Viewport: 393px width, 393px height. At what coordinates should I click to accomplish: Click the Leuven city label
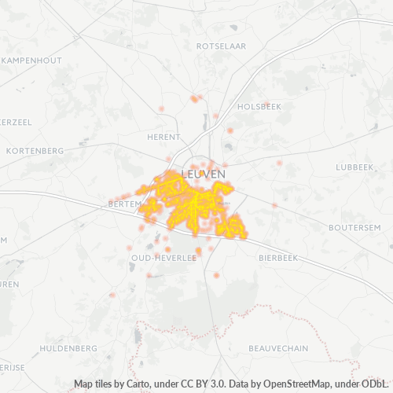click(x=204, y=173)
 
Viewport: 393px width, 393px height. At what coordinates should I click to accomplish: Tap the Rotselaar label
click(x=221, y=46)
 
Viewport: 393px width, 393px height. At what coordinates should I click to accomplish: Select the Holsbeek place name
click(x=259, y=105)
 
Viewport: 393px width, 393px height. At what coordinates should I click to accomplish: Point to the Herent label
click(x=163, y=137)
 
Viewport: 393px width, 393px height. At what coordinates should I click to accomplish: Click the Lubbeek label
click(x=354, y=167)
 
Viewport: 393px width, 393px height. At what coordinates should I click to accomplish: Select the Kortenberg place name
click(x=34, y=150)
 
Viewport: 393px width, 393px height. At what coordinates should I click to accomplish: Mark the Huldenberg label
click(x=68, y=347)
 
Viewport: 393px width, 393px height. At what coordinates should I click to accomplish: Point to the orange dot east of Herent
click(x=230, y=130)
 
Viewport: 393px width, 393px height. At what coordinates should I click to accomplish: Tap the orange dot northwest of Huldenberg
click(x=112, y=296)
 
